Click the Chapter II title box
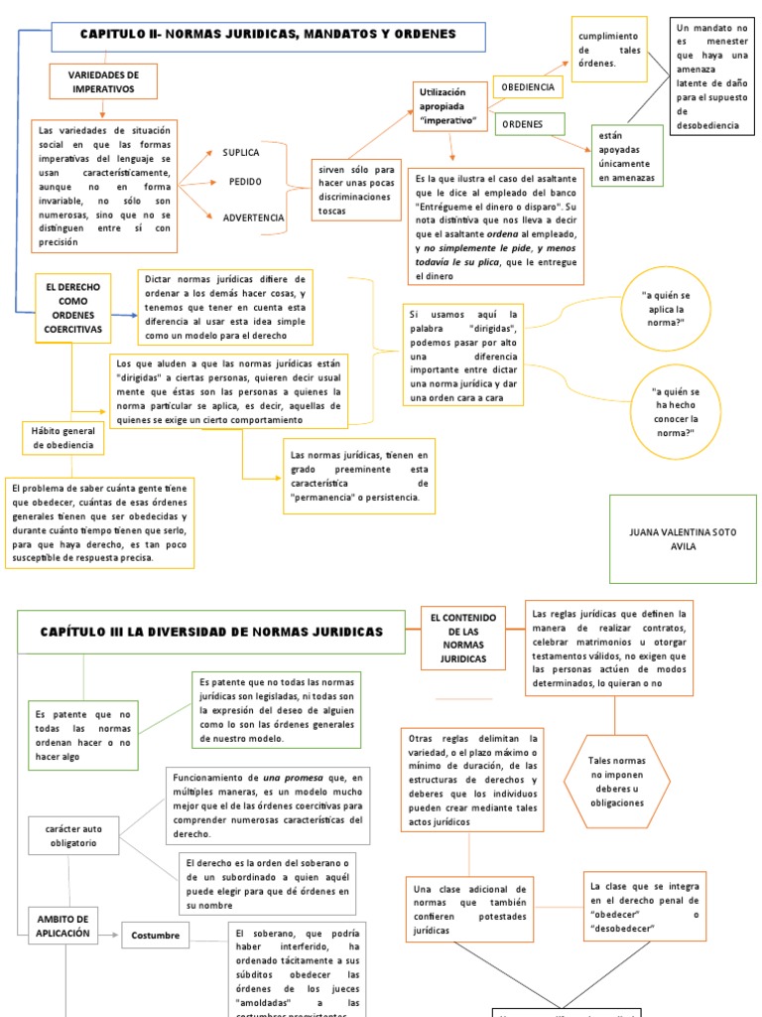click(x=268, y=35)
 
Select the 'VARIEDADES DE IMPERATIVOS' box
click(x=103, y=81)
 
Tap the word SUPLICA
click(x=241, y=152)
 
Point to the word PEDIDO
click(x=245, y=183)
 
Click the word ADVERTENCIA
click(x=253, y=218)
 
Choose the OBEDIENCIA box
click(x=527, y=87)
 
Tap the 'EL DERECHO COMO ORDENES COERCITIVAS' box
click(x=72, y=307)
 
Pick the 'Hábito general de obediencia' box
click(x=63, y=438)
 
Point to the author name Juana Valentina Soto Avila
click(x=683, y=538)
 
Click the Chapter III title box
click(x=211, y=633)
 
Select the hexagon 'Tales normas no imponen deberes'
click(x=616, y=781)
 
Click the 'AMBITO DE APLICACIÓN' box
click(x=63, y=926)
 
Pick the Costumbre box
click(x=157, y=936)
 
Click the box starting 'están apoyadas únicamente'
click(x=626, y=155)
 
